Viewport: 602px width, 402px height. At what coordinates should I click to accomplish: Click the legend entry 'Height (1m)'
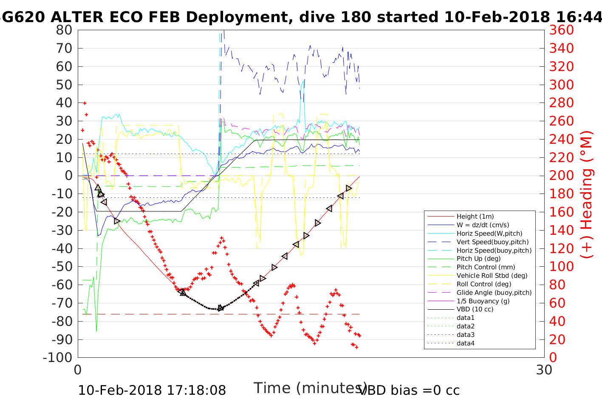point(475,217)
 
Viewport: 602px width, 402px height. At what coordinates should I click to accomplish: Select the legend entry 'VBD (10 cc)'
point(475,309)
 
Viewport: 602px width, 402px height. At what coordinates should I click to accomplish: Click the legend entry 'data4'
point(466,343)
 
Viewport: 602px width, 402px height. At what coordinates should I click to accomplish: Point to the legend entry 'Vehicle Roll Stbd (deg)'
point(492,276)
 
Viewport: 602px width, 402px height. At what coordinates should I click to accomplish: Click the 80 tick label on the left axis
point(64,30)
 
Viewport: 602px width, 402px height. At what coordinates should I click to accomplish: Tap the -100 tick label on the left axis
point(58,357)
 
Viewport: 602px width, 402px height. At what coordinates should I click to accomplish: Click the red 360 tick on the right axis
point(562,30)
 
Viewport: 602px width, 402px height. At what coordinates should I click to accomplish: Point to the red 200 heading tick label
point(562,176)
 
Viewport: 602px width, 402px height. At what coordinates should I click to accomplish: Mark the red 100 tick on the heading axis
point(562,267)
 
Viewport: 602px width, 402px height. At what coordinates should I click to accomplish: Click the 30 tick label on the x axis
point(544,370)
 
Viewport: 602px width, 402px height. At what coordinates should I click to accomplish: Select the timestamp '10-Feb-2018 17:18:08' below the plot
point(152,390)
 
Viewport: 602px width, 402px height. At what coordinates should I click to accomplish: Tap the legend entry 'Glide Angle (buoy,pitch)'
point(494,293)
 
